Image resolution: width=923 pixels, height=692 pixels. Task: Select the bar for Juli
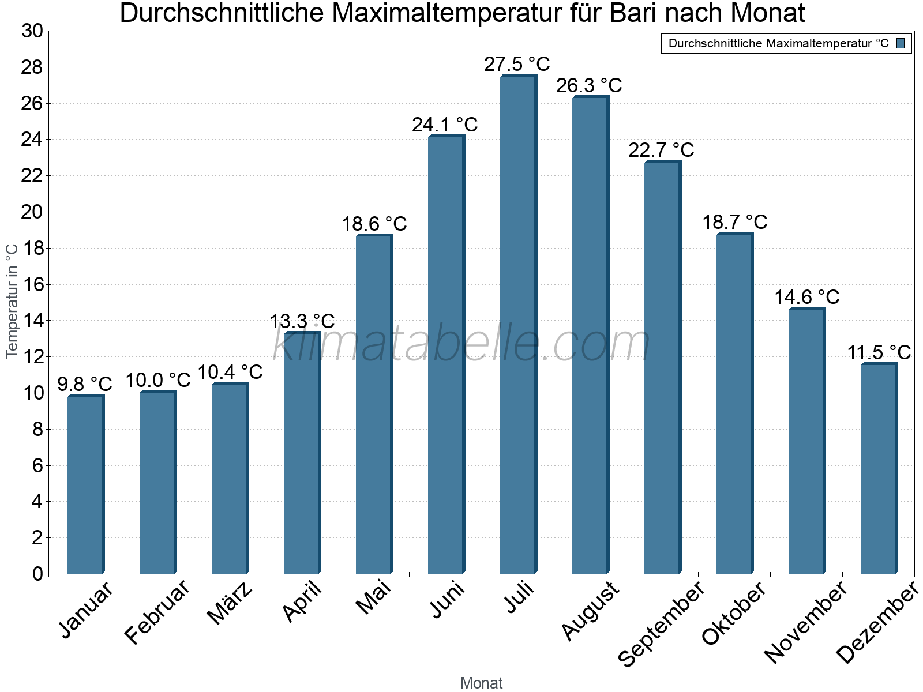click(x=517, y=324)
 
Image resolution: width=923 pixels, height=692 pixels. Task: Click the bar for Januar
click(x=85, y=484)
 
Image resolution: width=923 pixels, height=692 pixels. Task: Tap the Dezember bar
click(x=878, y=468)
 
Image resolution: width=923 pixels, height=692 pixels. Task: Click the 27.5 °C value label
click(x=517, y=64)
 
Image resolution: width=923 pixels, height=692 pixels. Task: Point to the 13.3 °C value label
click(x=302, y=321)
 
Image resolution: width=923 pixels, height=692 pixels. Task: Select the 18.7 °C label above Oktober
click(x=734, y=222)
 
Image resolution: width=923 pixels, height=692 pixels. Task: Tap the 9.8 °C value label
click(x=85, y=383)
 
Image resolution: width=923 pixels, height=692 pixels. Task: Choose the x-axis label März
click(x=230, y=603)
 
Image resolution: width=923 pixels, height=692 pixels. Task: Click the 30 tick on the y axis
click(x=32, y=31)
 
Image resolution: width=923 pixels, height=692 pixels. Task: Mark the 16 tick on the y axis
click(x=32, y=284)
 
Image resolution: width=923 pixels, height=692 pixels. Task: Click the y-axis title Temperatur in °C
click(x=12, y=300)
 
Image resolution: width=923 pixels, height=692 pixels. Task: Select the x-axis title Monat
click(x=481, y=683)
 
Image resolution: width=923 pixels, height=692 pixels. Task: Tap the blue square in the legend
click(x=901, y=43)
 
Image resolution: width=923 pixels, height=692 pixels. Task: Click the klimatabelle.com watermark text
click(x=461, y=344)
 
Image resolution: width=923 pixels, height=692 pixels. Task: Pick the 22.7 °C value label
click(x=661, y=150)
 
